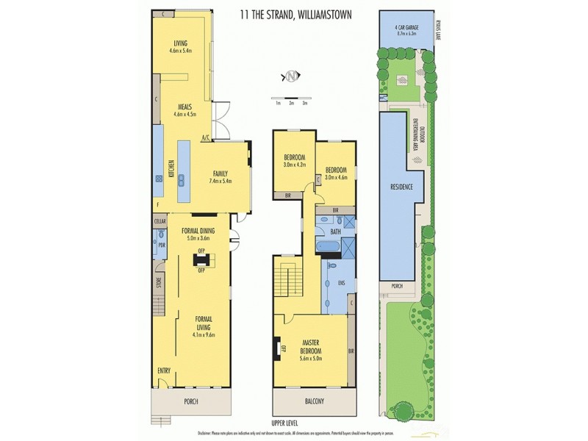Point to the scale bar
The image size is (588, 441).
click(290, 98)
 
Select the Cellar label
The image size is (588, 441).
click(159, 221)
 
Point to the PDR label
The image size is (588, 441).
click(162, 245)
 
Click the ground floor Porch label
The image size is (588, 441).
click(193, 401)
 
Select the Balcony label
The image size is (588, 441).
click(314, 401)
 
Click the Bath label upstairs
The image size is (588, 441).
click(335, 232)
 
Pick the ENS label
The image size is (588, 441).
click(340, 282)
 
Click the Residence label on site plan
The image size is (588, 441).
click(401, 187)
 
